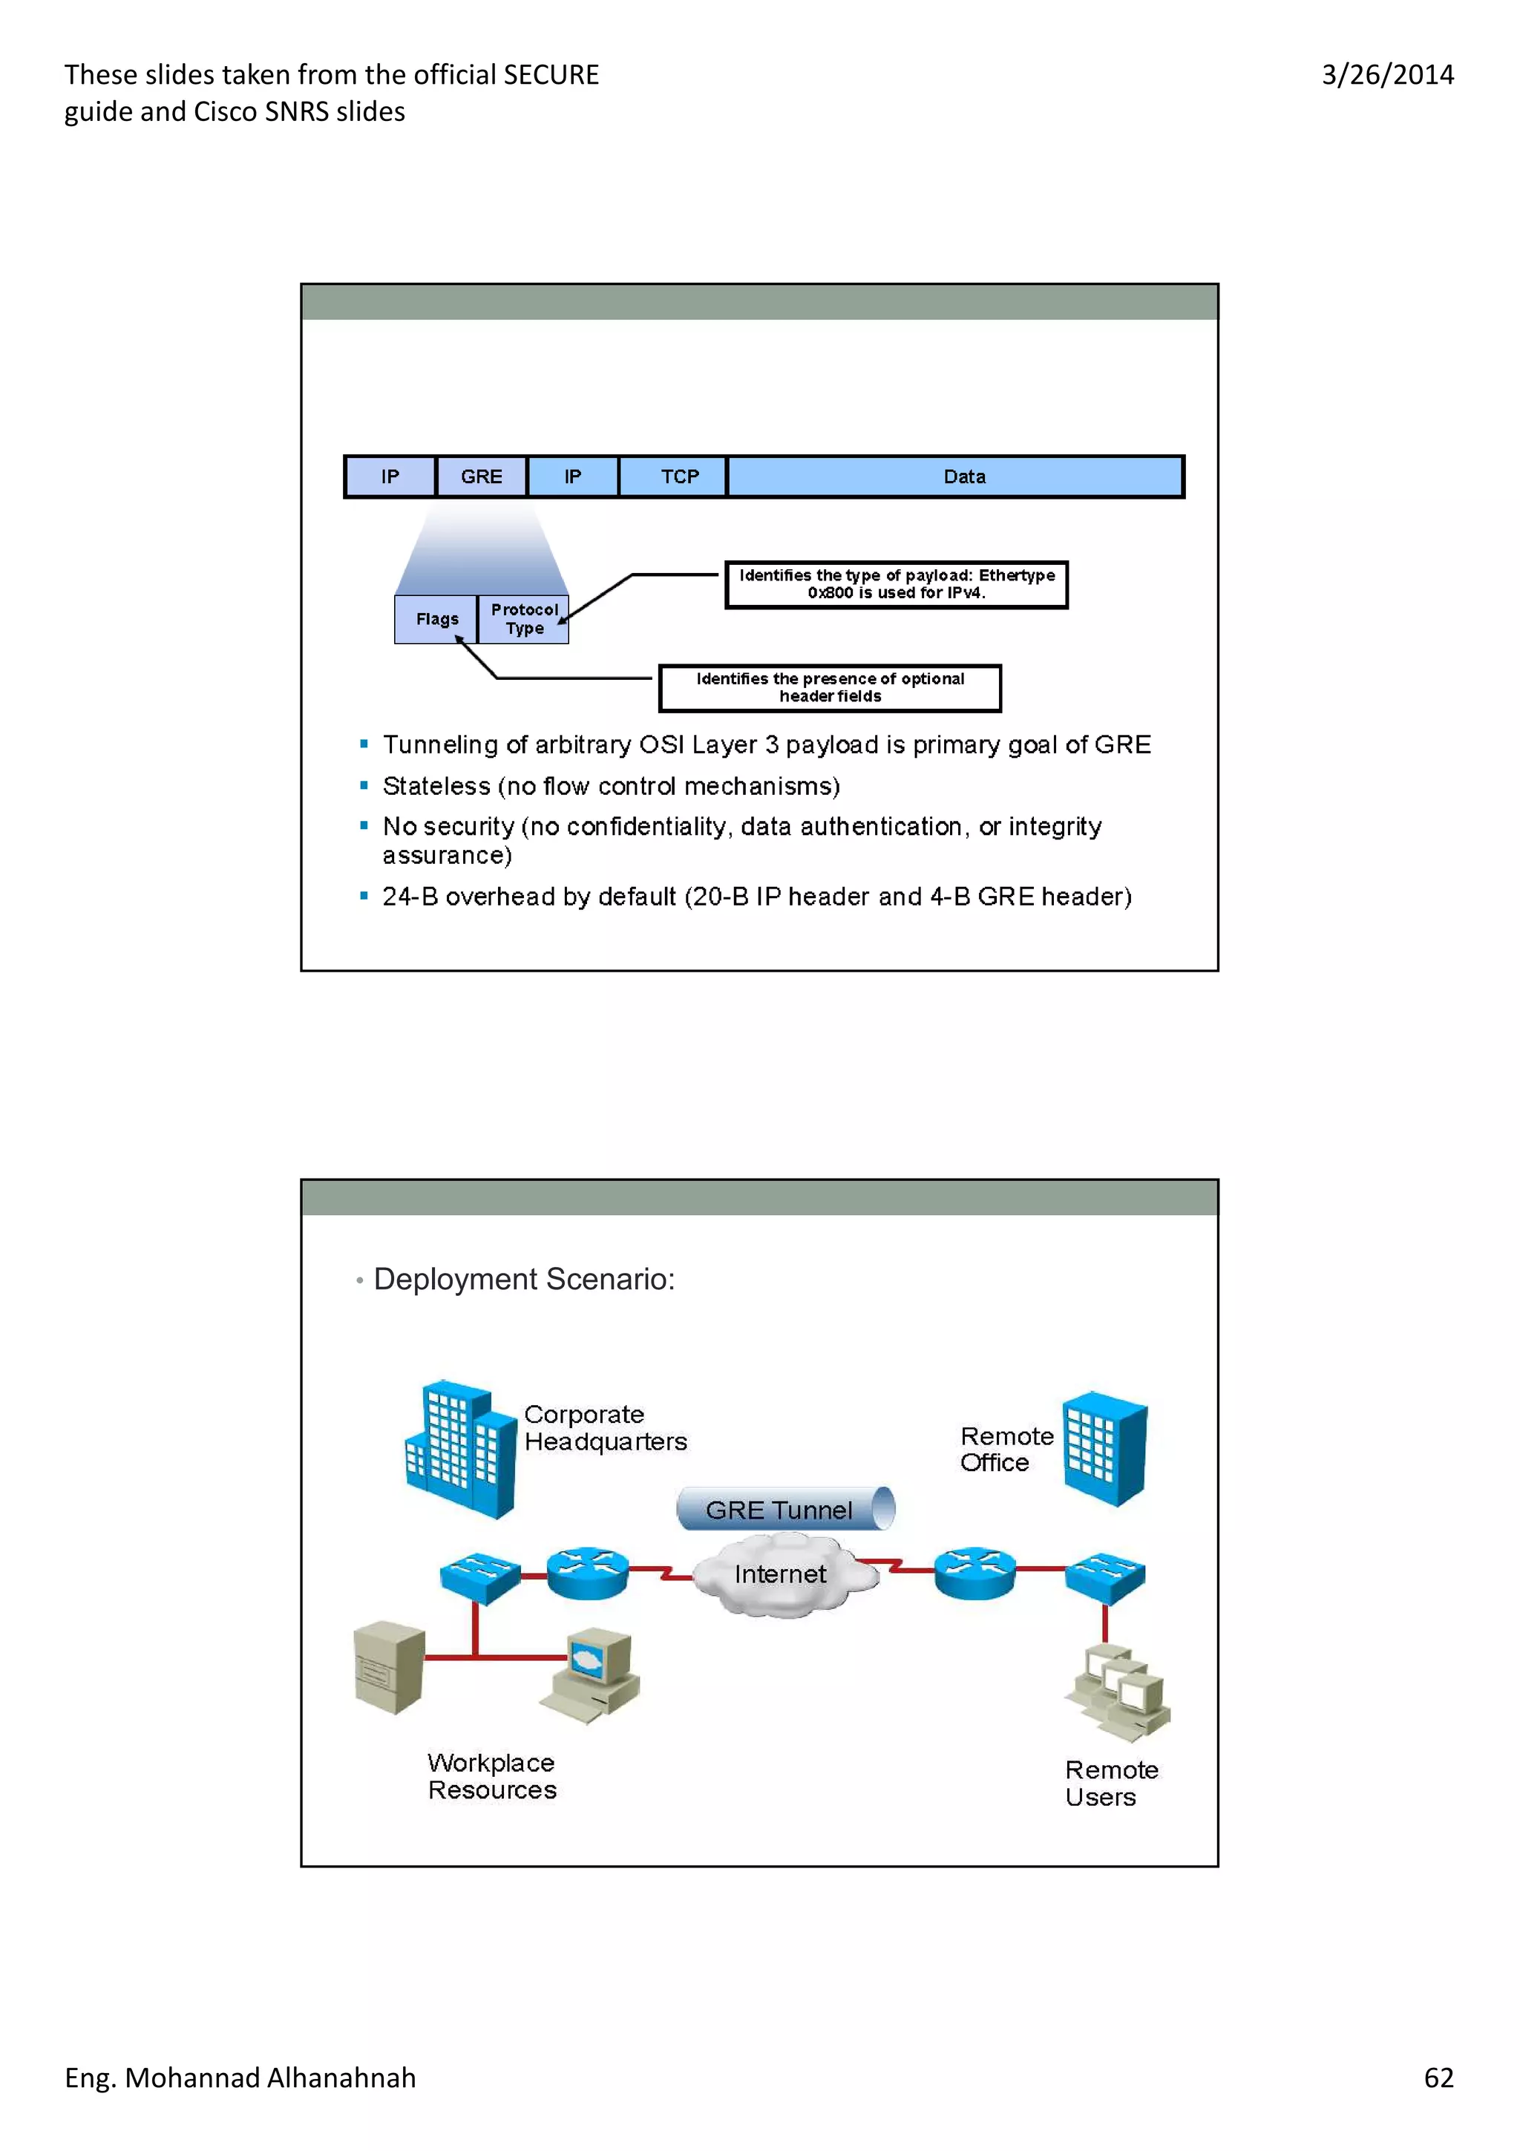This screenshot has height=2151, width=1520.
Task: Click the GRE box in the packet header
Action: click(x=482, y=477)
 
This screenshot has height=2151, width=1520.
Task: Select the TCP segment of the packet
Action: click(x=680, y=477)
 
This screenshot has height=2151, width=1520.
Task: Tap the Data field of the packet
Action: click(x=963, y=477)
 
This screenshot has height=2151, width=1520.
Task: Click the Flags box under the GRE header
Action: click(x=436, y=619)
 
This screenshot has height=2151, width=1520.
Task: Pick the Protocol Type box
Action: click(x=523, y=619)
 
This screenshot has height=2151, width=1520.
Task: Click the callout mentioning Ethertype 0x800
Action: click(x=897, y=585)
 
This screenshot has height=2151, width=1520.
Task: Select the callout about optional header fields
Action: click(x=830, y=687)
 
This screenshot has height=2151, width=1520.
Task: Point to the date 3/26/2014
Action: click(x=1387, y=75)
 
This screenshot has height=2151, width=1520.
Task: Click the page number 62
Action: click(x=1438, y=2078)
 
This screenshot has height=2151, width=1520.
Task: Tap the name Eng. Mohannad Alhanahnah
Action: click(x=240, y=2078)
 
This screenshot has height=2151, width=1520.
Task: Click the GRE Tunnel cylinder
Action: click(x=784, y=1509)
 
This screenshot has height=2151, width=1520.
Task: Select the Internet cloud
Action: click(x=781, y=1575)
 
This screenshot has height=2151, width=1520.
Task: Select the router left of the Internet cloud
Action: click(x=587, y=1573)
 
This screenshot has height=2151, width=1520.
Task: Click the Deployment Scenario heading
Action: click(x=523, y=1280)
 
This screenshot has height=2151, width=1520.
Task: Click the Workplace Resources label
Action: click(x=491, y=1776)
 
